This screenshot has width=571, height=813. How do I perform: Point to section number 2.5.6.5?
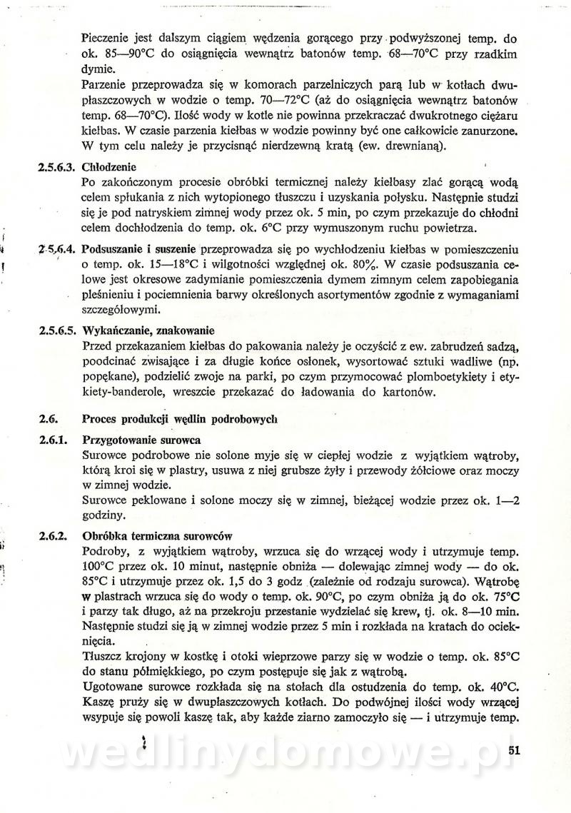[x=56, y=331]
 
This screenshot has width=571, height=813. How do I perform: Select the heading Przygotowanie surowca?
[x=141, y=440]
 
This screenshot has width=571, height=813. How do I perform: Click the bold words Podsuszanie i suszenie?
[x=141, y=250]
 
